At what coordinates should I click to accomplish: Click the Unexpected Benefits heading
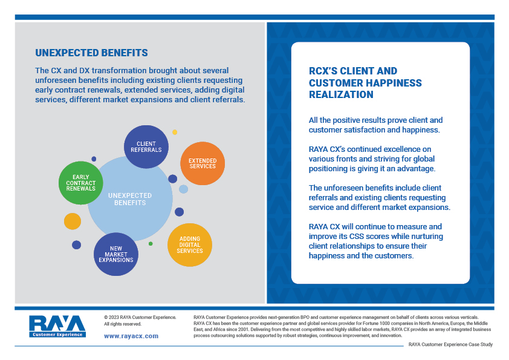[91, 53]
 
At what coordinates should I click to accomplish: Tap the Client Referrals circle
[146, 147]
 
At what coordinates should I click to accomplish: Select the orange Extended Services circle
[203, 163]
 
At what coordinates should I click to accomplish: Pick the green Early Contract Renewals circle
[81, 183]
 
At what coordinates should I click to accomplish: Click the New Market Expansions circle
[116, 254]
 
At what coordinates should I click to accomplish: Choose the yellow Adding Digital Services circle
[190, 245]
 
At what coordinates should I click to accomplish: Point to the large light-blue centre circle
[130, 199]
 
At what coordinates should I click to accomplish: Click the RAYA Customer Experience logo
[57, 326]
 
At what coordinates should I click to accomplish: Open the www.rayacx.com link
[131, 336]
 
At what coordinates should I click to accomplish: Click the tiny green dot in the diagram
[151, 244]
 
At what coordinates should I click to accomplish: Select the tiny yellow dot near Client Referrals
[175, 133]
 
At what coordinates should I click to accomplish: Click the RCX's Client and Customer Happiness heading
[365, 82]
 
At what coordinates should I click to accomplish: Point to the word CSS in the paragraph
[357, 236]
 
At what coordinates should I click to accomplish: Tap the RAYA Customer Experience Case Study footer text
[450, 344]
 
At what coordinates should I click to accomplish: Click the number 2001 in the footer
[244, 330]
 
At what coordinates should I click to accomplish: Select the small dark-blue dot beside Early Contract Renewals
[94, 159]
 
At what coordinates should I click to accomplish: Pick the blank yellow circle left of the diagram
[73, 221]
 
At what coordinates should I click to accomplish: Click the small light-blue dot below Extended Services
[183, 189]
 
